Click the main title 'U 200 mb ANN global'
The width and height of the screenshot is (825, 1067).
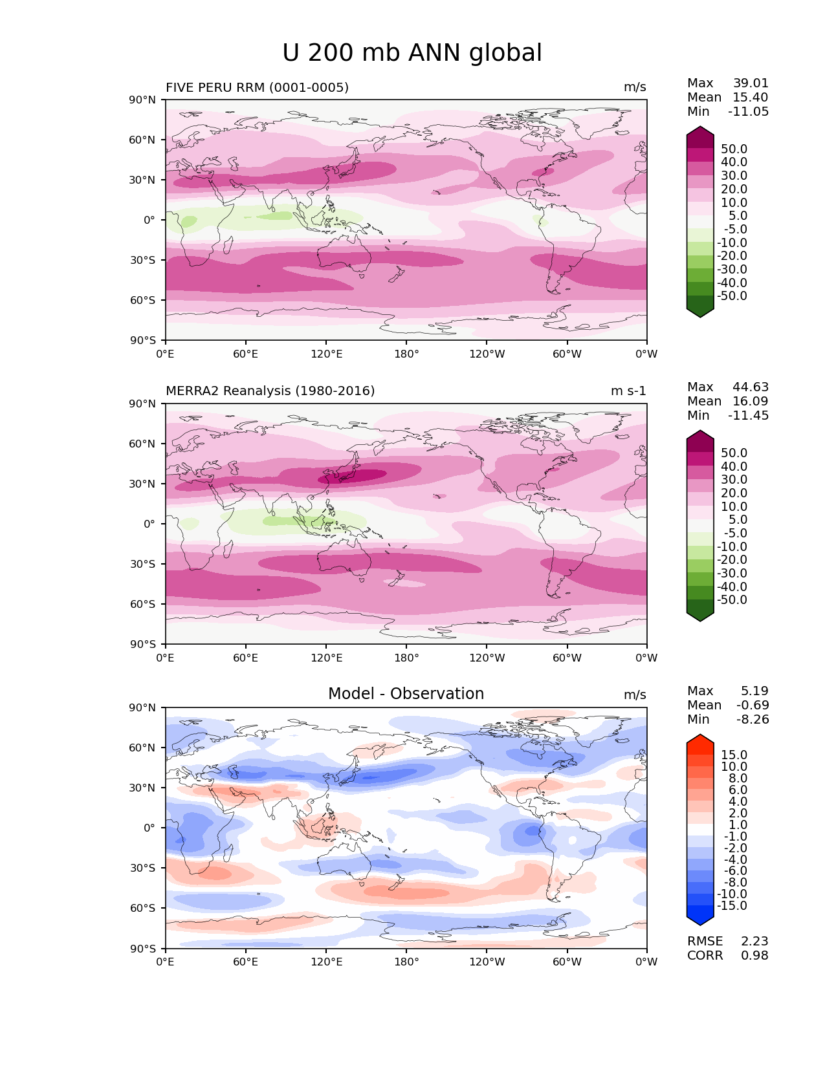(x=412, y=53)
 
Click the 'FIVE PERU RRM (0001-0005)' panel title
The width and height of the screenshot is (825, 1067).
(x=257, y=87)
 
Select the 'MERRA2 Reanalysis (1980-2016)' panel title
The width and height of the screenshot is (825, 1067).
(x=270, y=391)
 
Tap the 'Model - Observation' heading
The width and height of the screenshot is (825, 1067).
(x=406, y=694)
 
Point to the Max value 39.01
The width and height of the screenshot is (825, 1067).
(x=751, y=83)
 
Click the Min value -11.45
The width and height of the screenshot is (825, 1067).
(x=749, y=416)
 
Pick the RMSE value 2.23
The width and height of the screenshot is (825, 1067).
(x=754, y=942)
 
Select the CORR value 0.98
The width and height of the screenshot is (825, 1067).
(x=754, y=956)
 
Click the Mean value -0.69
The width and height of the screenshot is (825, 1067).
(x=753, y=706)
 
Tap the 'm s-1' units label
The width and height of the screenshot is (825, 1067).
(x=628, y=391)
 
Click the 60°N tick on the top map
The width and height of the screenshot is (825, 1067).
(x=143, y=140)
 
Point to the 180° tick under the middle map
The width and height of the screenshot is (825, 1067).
(x=406, y=658)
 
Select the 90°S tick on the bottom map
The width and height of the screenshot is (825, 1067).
(x=143, y=949)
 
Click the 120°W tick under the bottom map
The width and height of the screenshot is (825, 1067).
(x=487, y=962)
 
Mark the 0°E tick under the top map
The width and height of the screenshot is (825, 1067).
(x=166, y=354)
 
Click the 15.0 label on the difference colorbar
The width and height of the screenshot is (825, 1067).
(x=734, y=755)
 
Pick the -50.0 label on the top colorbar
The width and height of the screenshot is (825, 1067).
(x=732, y=296)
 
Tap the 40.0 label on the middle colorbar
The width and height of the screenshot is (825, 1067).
(x=734, y=467)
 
